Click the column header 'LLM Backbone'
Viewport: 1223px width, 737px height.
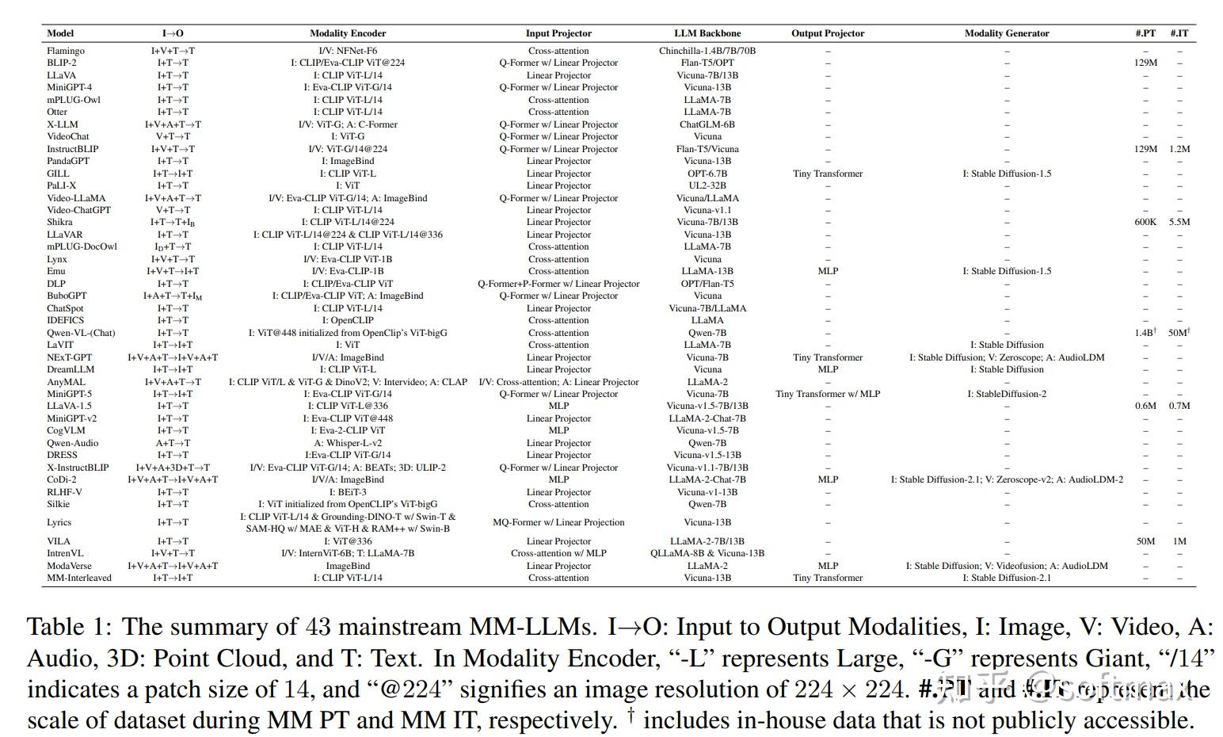point(707,33)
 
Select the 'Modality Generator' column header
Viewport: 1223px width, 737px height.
point(1006,33)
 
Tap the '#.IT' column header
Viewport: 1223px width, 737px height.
point(1179,33)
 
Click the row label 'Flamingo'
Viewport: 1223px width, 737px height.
point(66,51)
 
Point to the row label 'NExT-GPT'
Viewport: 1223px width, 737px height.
point(70,357)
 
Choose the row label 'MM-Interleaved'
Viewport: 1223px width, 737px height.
point(79,578)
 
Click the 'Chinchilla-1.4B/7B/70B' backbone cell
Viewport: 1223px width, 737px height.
point(707,51)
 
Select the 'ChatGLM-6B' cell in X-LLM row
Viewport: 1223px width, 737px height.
point(707,124)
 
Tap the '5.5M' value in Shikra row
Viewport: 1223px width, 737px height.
point(1179,222)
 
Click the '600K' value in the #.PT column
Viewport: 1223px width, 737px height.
point(1145,222)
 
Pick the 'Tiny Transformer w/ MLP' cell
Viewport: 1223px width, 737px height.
point(828,394)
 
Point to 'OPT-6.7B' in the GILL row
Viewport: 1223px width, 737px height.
point(707,174)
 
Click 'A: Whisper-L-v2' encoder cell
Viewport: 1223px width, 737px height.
point(348,443)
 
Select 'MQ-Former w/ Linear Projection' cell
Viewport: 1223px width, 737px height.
point(558,522)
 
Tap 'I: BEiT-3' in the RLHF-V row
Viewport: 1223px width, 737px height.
point(348,492)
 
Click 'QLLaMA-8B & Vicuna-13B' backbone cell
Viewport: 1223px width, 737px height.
point(707,553)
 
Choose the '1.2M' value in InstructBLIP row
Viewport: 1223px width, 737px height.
point(1179,149)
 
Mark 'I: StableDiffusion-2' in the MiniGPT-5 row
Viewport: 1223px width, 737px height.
point(1006,394)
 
